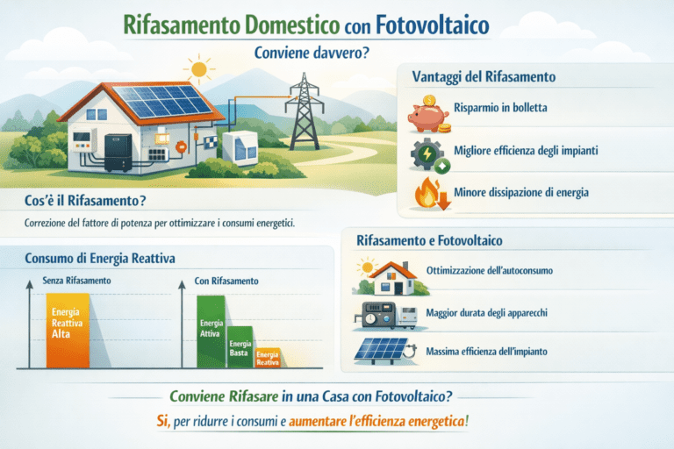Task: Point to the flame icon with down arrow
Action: pos(428,193)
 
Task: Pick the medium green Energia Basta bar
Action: pos(240,347)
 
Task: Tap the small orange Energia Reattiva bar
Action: pos(268,358)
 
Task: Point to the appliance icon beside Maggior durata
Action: pos(384,315)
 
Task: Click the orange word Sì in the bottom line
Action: pos(162,422)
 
